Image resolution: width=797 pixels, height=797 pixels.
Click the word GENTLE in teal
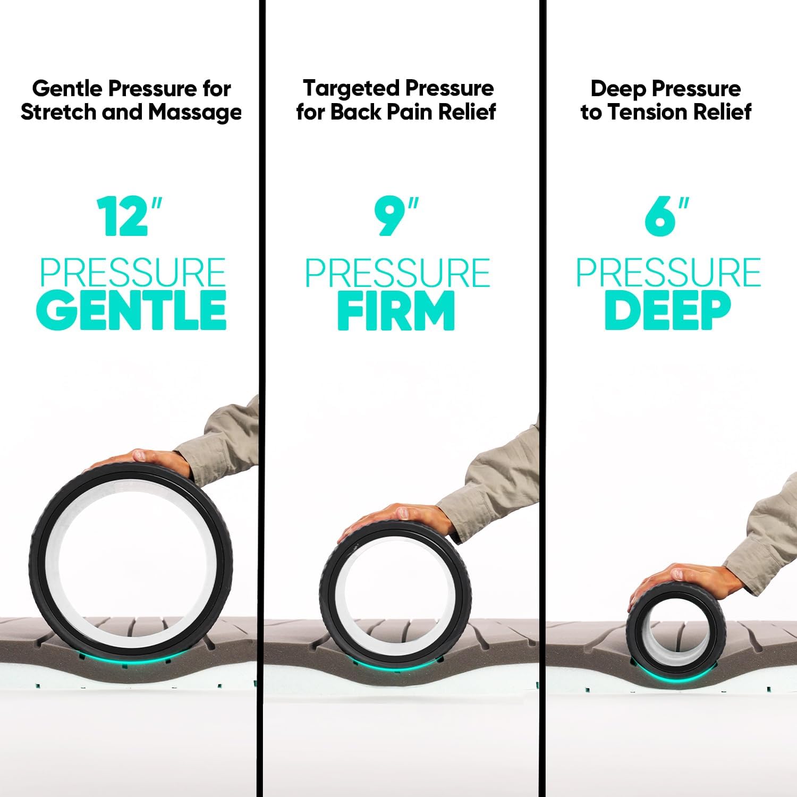point(132,310)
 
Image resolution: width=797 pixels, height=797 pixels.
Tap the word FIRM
point(396,310)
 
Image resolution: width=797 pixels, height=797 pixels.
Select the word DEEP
point(667,310)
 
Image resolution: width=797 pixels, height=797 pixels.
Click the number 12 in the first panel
point(123,217)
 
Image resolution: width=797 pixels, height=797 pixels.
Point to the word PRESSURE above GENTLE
point(133,273)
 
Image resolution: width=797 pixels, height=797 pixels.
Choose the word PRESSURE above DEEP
point(668,273)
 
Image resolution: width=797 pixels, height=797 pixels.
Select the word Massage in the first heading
point(195,112)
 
